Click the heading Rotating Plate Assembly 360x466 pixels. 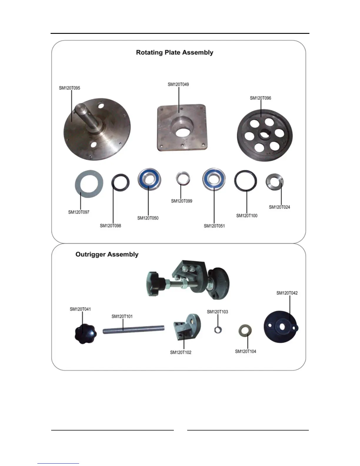(x=174, y=52)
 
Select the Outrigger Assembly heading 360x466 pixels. (x=107, y=254)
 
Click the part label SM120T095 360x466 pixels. (x=69, y=88)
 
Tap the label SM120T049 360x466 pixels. (x=178, y=84)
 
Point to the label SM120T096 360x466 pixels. (x=260, y=98)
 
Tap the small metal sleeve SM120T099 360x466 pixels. (x=183, y=178)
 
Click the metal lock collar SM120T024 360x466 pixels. (x=275, y=182)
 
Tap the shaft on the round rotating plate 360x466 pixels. (x=85, y=116)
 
